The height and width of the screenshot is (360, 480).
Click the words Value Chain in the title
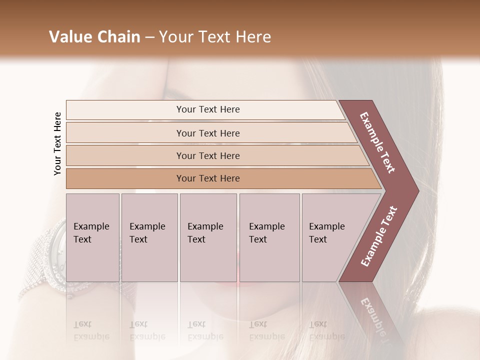[94, 37]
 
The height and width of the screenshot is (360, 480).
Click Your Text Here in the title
[215, 37]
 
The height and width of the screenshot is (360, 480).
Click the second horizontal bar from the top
[208, 133]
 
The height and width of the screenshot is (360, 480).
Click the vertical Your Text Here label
[57, 143]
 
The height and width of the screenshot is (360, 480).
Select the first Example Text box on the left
[92, 237]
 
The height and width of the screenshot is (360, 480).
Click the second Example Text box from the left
[149, 237]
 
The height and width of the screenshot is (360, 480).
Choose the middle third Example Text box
[208, 237]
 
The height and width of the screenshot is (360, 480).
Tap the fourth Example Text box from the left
[269, 237]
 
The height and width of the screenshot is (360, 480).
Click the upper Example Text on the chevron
[378, 142]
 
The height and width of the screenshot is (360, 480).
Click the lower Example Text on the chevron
[378, 236]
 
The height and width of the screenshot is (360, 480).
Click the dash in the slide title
[149, 37]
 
